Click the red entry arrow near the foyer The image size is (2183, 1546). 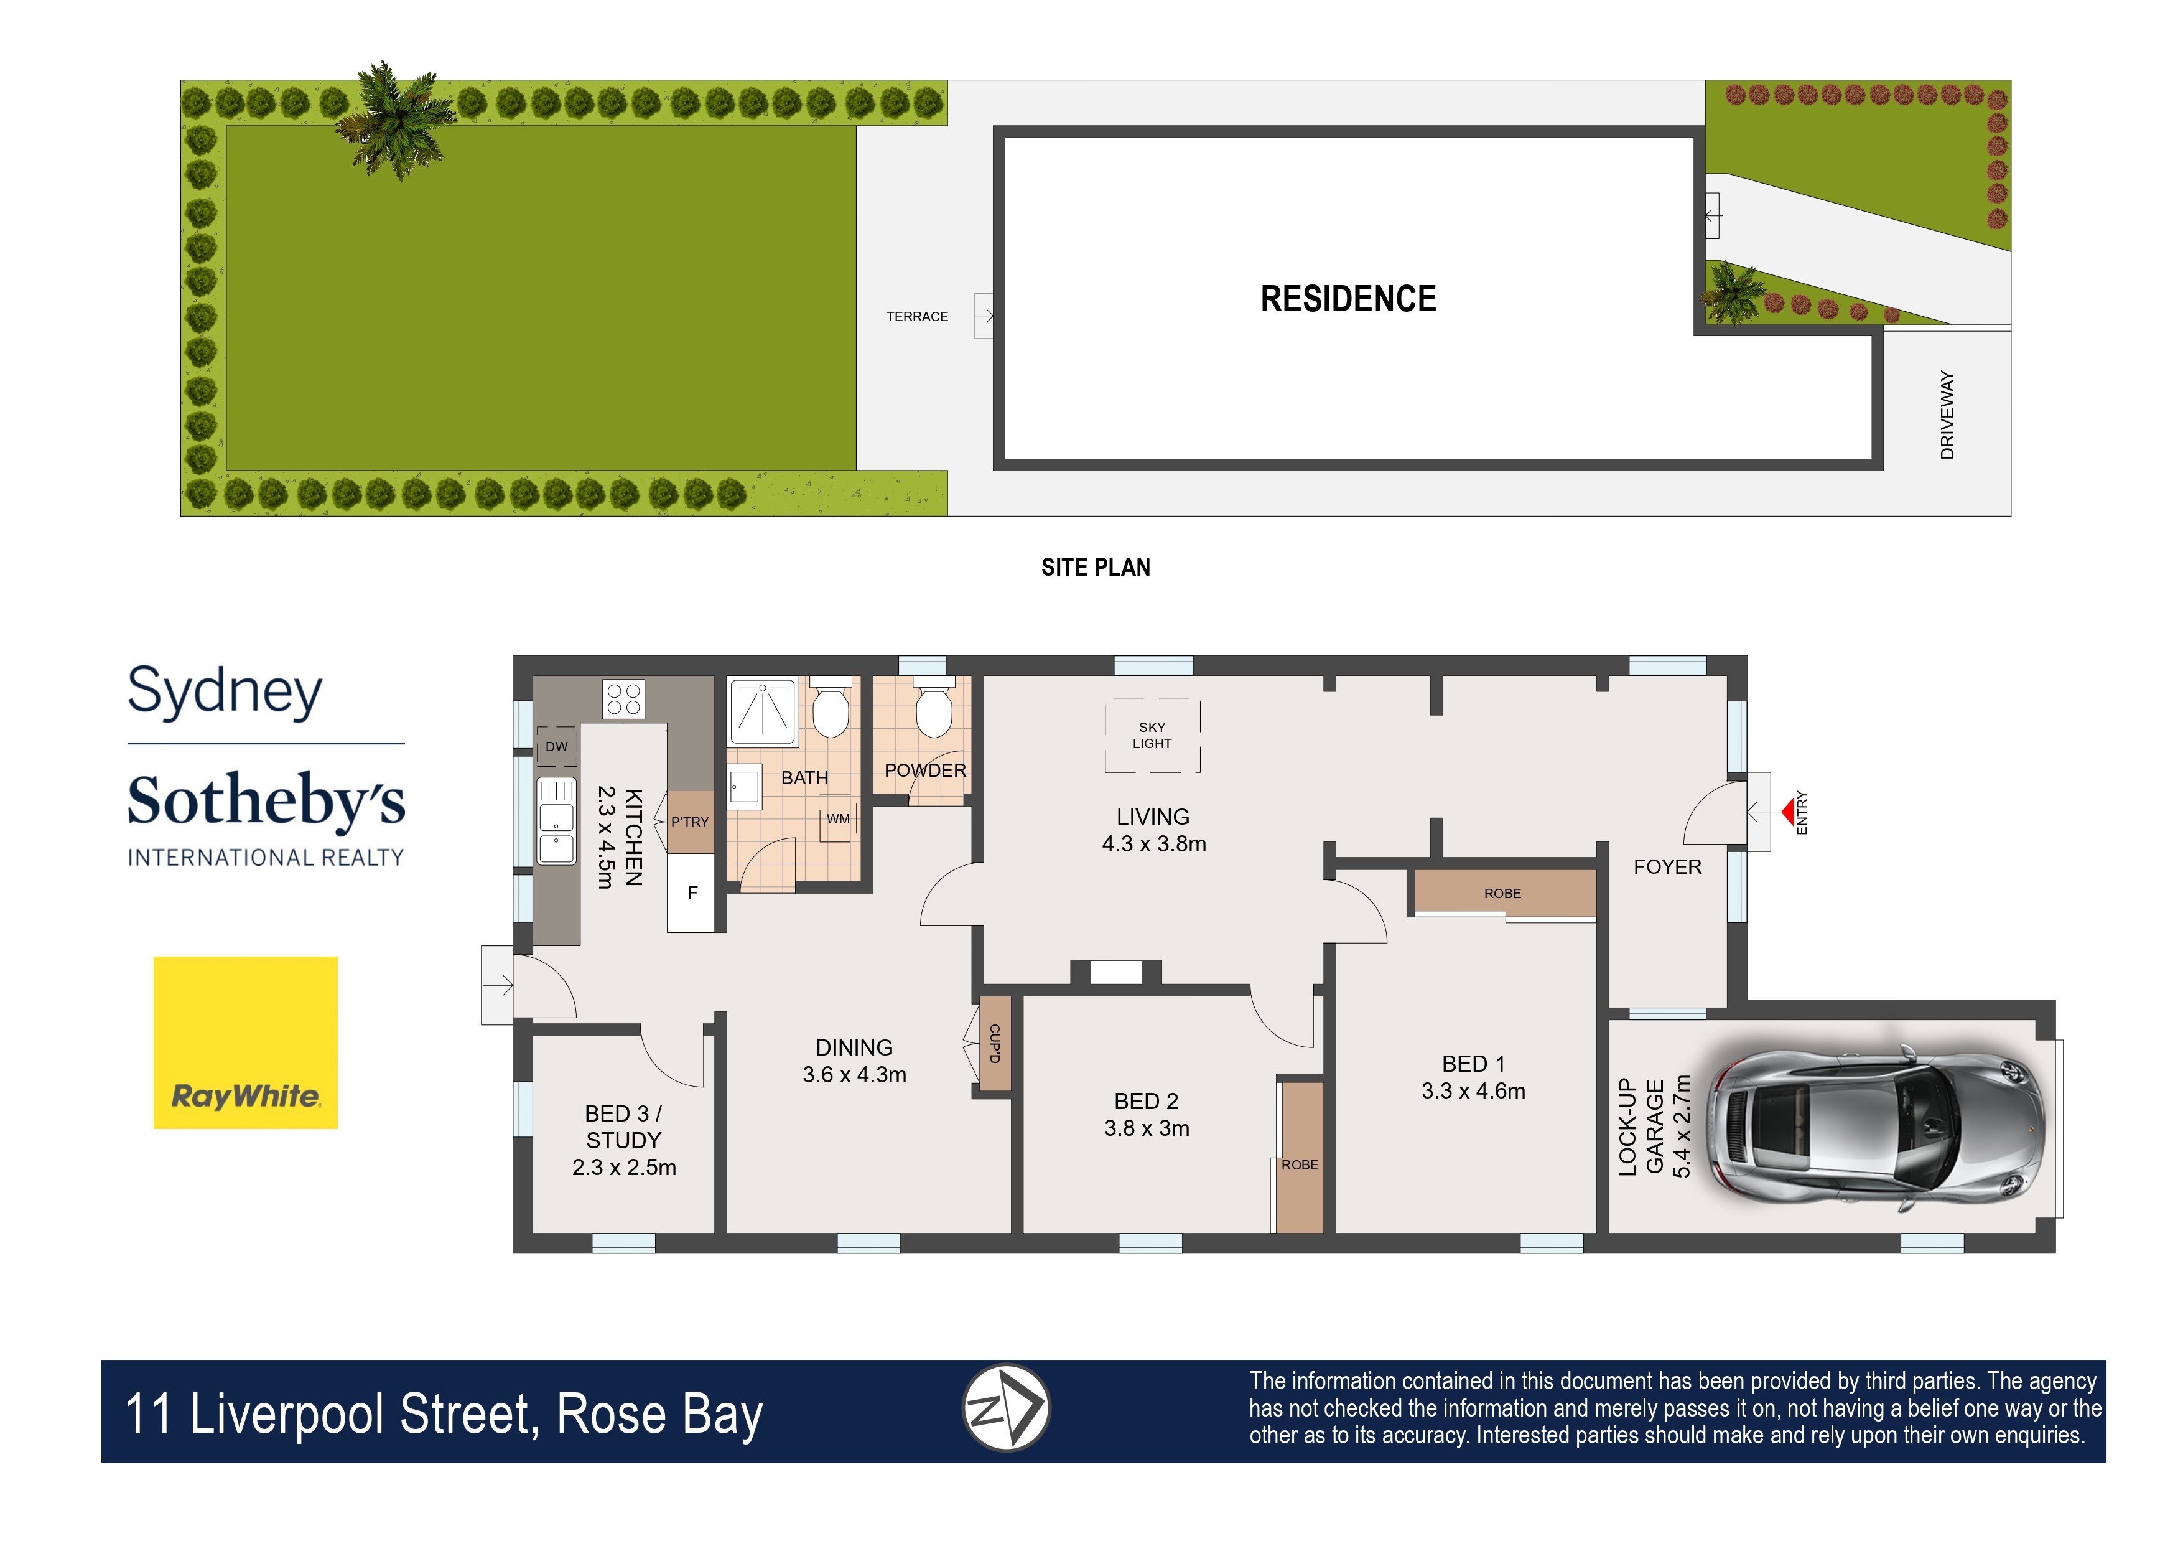tap(1788, 812)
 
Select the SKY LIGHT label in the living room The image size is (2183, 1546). tap(1152, 736)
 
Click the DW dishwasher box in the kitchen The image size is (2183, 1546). tap(557, 746)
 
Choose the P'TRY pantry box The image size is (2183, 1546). tap(690, 822)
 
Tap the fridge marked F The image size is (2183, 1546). tap(692, 893)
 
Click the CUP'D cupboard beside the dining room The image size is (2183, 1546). tap(994, 1043)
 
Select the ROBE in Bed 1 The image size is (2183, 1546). tap(1502, 893)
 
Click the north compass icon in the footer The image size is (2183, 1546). tap(1006, 1408)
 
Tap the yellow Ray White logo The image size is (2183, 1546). tap(246, 1042)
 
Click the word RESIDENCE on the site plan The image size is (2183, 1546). tap(1348, 299)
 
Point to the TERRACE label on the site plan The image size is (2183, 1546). tap(916, 317)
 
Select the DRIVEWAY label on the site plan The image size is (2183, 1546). tap(1947, 415)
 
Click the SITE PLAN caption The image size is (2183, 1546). tap(1096, 568)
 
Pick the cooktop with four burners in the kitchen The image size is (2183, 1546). tap(623, 700)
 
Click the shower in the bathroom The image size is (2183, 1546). tap(762, 711)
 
